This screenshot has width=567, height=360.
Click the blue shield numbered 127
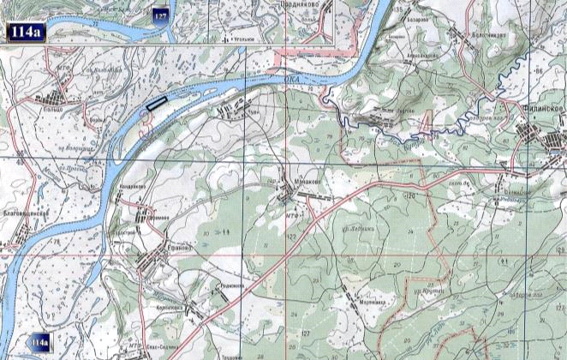click(160, 15)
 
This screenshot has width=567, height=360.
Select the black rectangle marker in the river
click(156, 104)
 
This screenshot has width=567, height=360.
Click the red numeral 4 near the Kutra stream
click(426, 127)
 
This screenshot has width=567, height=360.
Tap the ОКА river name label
click(291, 77)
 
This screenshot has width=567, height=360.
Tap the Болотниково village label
click(488, 35)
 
